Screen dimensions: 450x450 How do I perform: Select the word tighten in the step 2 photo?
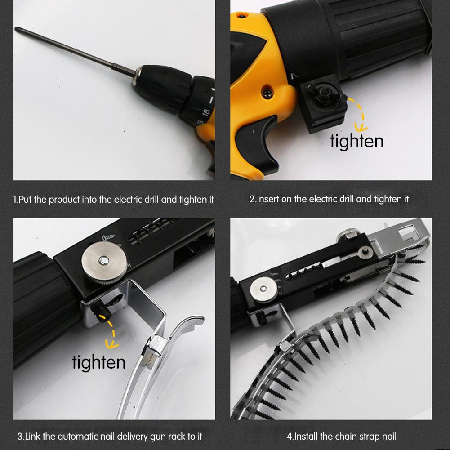click(356, 141)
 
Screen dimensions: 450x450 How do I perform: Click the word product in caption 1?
click(64, 199)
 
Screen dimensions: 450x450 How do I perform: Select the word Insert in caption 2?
click(268, 199)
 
